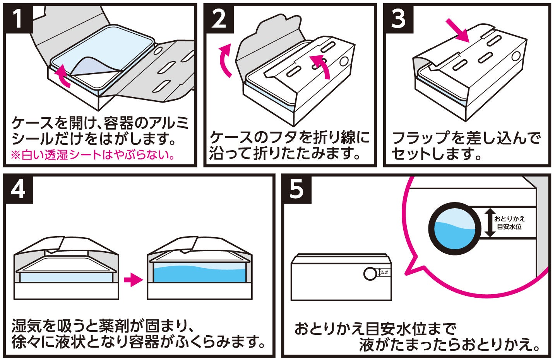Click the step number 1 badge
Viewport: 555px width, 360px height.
click(18, 18)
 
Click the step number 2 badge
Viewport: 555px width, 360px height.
click(219, 18)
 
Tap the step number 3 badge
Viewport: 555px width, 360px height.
click(398, 18)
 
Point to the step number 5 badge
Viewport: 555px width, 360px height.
click(296, 189)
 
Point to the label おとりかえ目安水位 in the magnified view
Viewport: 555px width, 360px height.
click(509, 223)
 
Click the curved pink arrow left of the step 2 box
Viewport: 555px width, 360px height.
click(225, 60)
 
